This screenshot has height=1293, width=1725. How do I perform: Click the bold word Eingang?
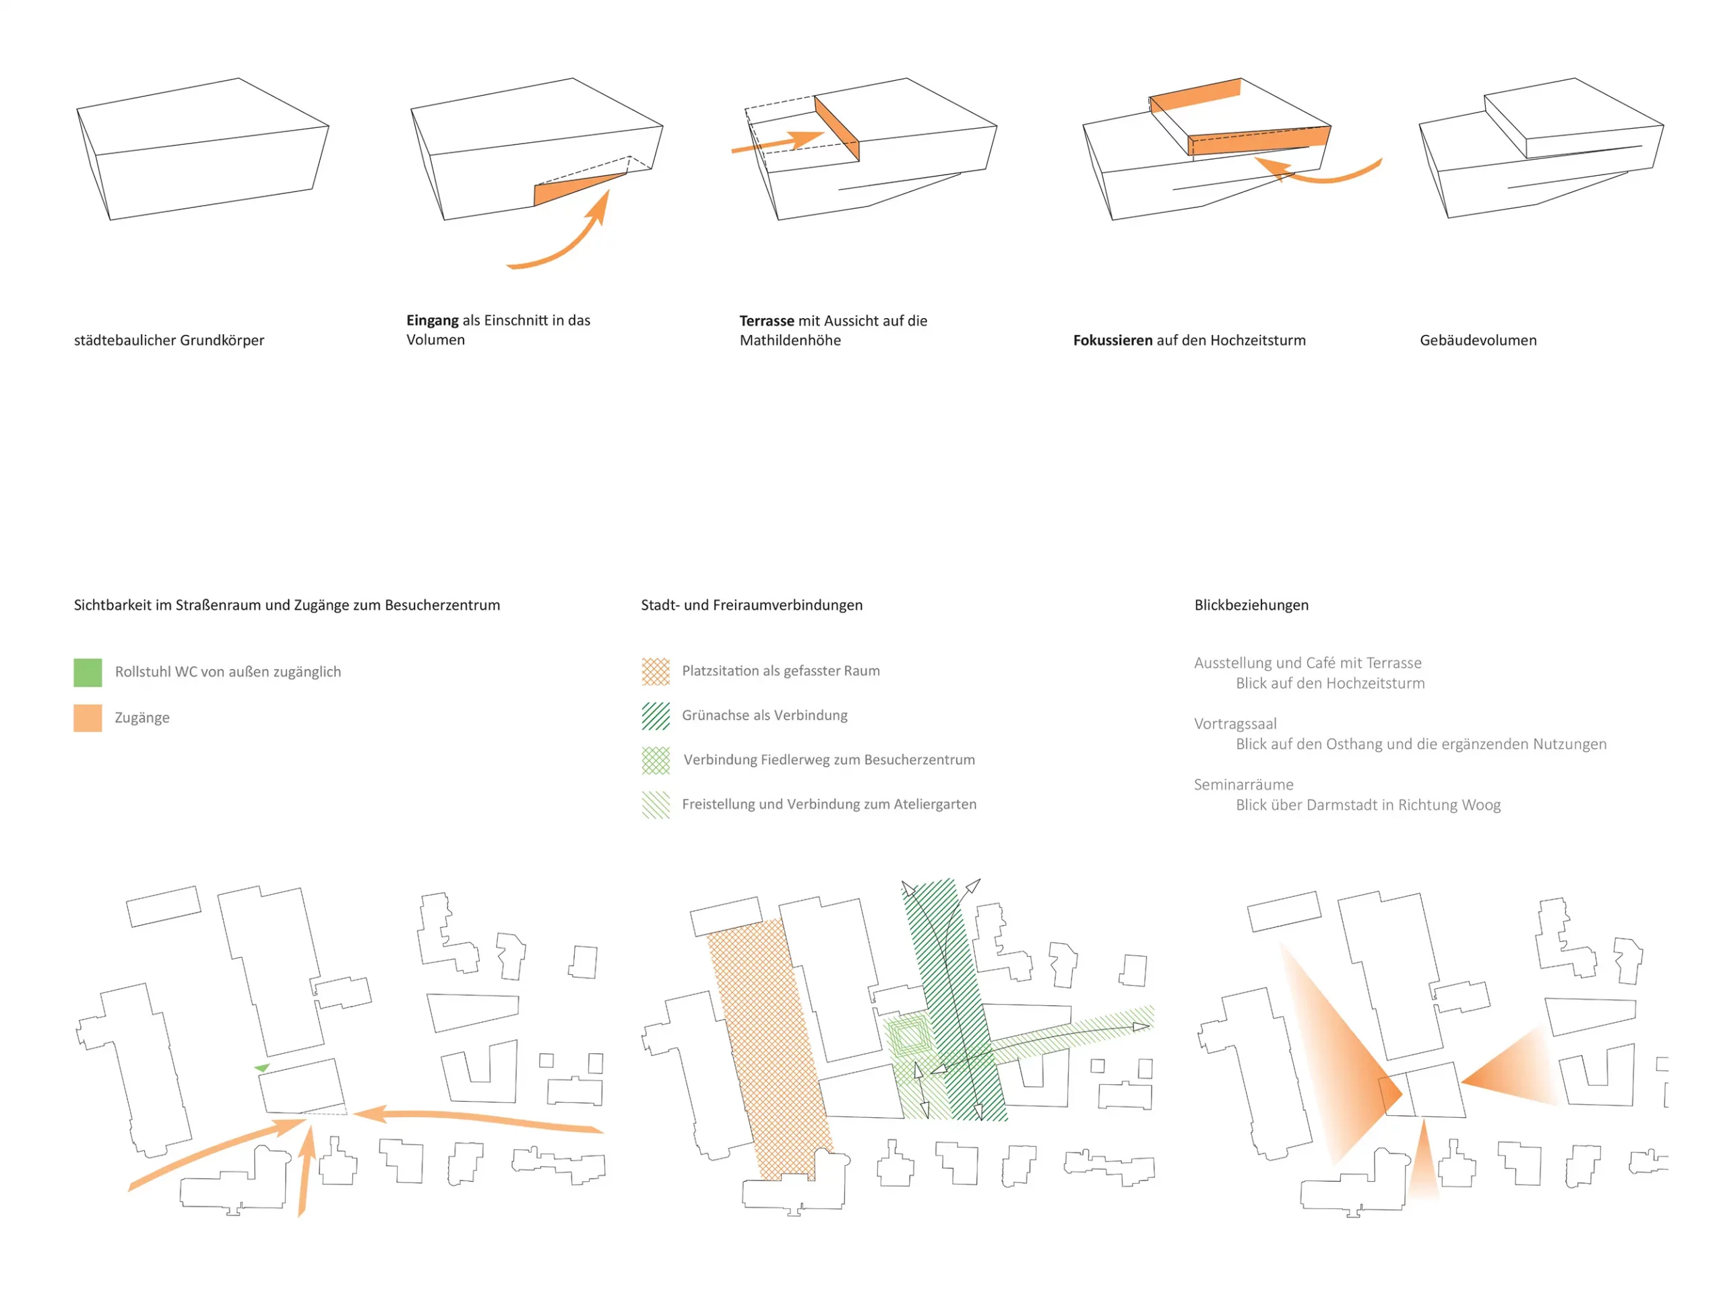[432, 321]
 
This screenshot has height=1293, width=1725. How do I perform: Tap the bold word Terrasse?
[767, 321]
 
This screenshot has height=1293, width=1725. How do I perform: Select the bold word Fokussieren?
[1113, 340]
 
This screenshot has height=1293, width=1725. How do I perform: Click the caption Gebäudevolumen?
[1478, 340]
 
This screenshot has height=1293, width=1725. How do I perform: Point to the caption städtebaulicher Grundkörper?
[169, 340]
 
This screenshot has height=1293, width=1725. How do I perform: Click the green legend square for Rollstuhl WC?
[88, 672]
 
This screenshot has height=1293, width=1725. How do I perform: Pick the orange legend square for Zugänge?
[88, 718]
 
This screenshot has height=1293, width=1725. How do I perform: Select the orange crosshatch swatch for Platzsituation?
[656, 672]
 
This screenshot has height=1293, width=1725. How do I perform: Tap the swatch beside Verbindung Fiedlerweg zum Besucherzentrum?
[656, 760]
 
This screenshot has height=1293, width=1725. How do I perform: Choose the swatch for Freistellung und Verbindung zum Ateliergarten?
[656, 805]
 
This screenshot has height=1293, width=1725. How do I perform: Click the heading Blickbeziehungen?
[1251, 605]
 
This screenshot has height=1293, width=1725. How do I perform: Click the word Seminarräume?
[1243, 784]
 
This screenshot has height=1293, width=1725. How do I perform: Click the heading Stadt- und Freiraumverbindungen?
[752, 605]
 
